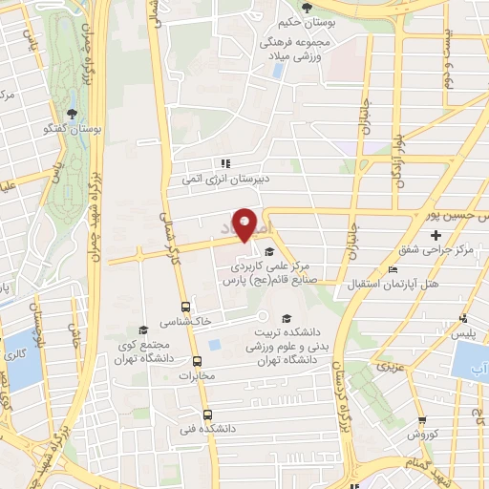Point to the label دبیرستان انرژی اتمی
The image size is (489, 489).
click(226, 178)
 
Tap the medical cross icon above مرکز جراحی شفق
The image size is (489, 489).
click(436, 235)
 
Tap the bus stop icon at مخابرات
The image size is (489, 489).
click(198, 361)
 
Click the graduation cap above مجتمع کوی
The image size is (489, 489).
click(142, 330)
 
